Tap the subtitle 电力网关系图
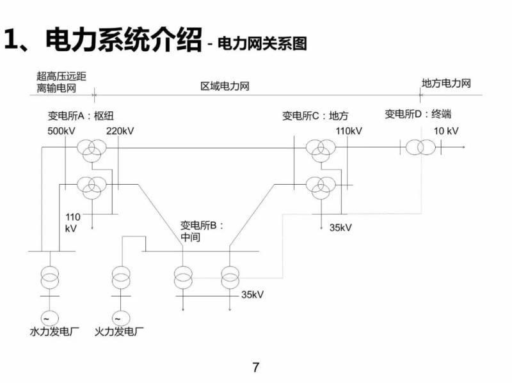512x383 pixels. tap(262, 43)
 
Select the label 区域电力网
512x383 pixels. tap(225, 85)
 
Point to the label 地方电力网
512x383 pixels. tap(446, 84)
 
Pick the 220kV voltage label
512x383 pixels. tap(120, 131)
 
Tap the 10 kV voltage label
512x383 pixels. tap(446, 131)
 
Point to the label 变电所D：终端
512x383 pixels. tap(417, 114)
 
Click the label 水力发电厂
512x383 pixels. tap(54, 332)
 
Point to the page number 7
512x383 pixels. tap(256, 368)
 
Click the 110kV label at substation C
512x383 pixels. tap(348, 131)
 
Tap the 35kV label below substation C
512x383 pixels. tap(340, 228)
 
